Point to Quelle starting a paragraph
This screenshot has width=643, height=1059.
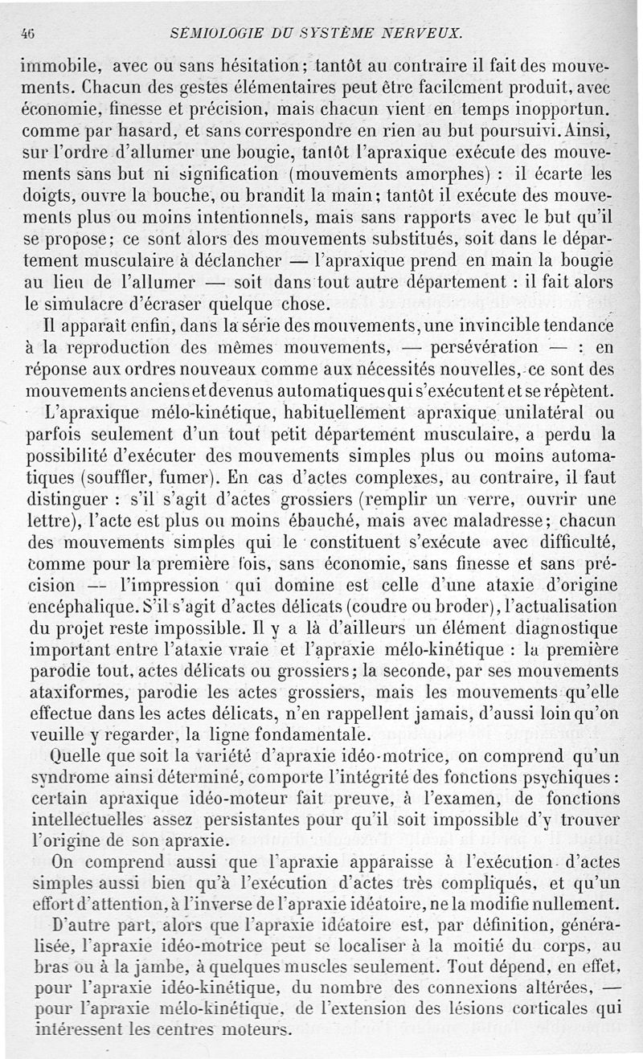(74, 756)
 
